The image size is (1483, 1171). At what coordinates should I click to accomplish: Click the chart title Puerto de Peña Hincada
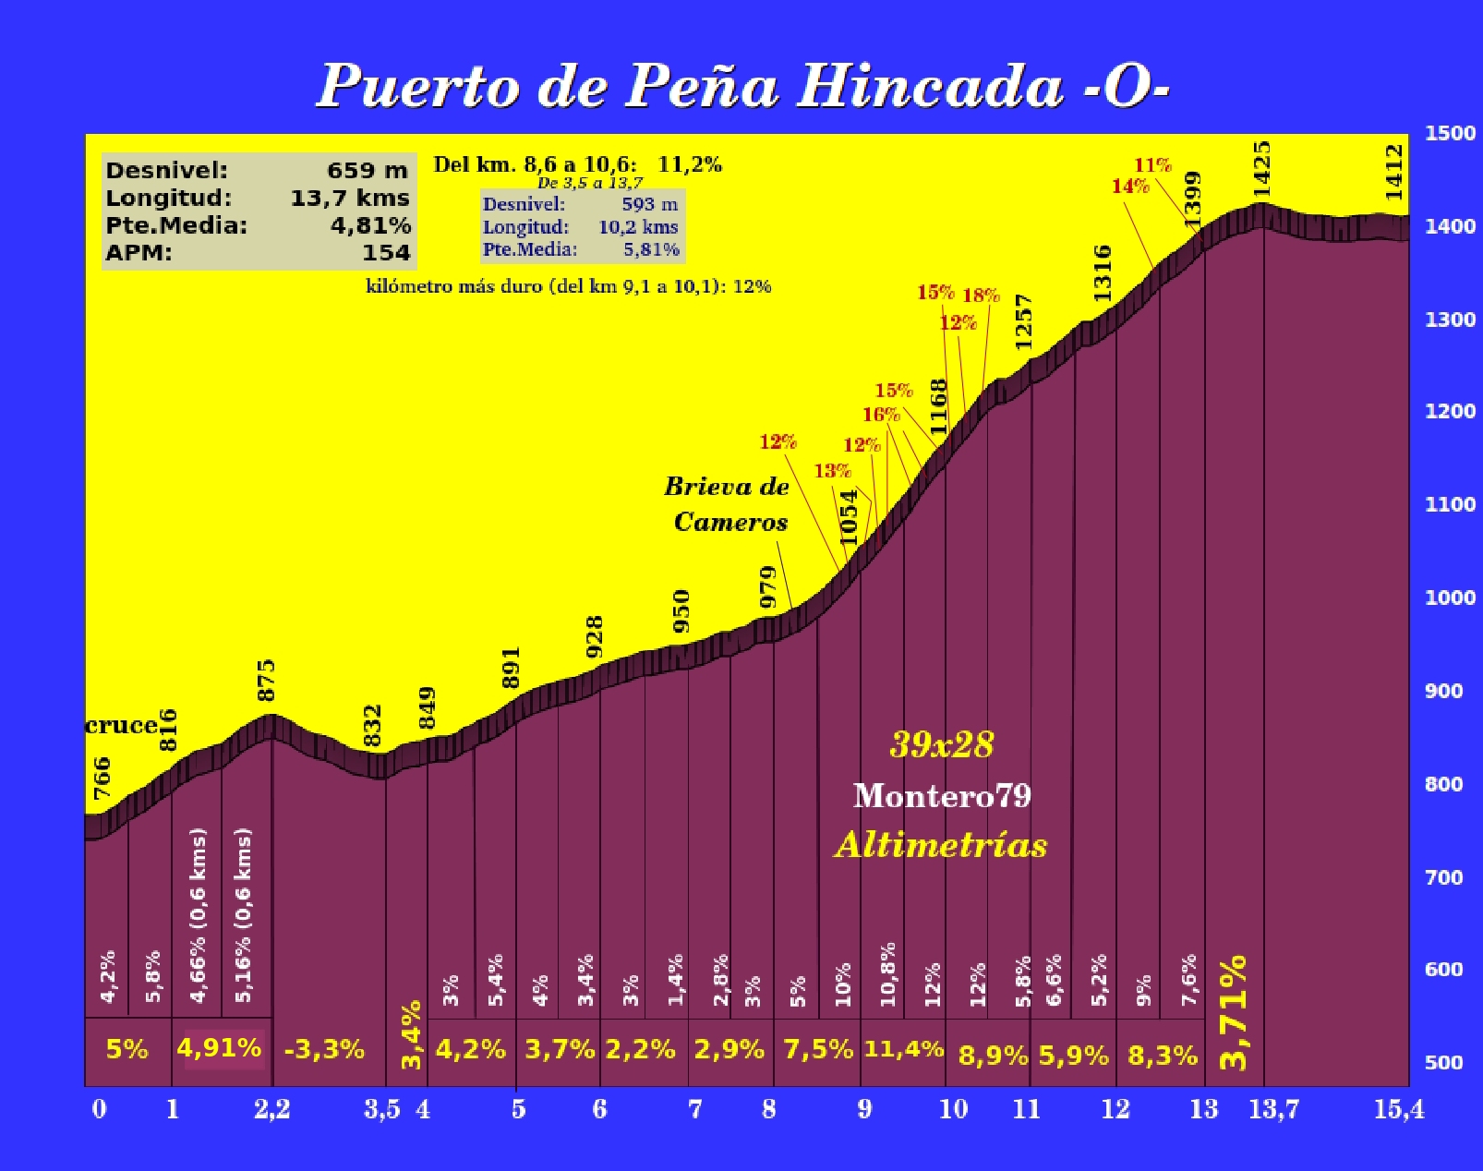click(x=742, y=87)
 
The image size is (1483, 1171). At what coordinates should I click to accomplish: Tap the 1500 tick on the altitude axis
click(x=1450, y=133)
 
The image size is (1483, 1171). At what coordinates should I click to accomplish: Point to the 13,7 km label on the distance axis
click(x=1273, y=1109)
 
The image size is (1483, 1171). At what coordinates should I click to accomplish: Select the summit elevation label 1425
click(x=1261, y=168)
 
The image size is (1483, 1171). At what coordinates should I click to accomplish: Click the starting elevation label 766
click(x=102, y=778)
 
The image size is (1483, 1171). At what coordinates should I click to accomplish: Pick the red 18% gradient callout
click(x=981, y=296)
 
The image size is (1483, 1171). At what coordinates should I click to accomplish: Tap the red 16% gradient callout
click(x=881, y=415)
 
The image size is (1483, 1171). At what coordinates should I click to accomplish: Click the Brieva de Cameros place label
click(x=728, y=504)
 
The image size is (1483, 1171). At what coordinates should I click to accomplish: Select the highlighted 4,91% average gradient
click(x=219, y=1048)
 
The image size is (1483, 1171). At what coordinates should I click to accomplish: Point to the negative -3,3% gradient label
click(x=324, y=1050)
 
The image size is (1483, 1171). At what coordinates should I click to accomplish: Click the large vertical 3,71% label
click(x=1234, y=1013)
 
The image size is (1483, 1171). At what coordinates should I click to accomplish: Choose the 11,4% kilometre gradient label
click(x=903, y=1049)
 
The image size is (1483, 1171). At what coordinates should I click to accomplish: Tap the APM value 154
click(x=386, y=252)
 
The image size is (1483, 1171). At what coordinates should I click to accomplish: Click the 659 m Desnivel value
click(x=367, y=171)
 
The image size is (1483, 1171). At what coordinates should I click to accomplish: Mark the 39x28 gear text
click(x=942, y=744)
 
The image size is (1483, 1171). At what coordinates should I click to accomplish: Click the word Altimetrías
click(x=941, y=845)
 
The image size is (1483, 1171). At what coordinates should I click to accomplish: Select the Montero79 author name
click(x=942, y=795)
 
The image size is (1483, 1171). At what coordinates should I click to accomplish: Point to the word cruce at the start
click(x=121, y=726)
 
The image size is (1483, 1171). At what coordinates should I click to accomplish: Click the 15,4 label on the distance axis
click(x=1399, y=1109)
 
